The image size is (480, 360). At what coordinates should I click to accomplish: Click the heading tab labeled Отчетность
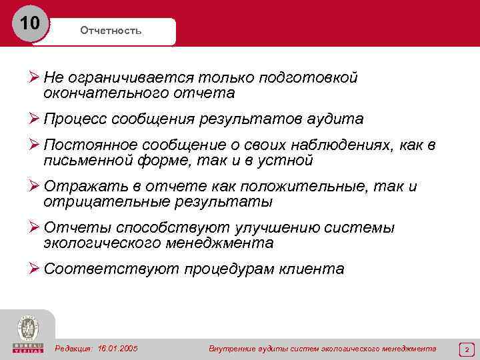[111, 31]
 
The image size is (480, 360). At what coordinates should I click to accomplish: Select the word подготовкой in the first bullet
[313, 78]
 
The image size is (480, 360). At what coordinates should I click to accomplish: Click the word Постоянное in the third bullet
[83, 146]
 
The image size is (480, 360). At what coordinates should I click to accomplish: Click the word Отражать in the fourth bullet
[76, 187]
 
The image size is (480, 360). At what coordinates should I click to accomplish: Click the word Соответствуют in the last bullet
[95, 269]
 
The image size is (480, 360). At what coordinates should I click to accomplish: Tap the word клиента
[313, 269]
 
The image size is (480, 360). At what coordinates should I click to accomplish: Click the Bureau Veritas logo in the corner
[27, 333]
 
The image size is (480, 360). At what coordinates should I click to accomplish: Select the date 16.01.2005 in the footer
[117, 348]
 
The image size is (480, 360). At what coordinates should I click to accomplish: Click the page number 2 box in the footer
[467, 349]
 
